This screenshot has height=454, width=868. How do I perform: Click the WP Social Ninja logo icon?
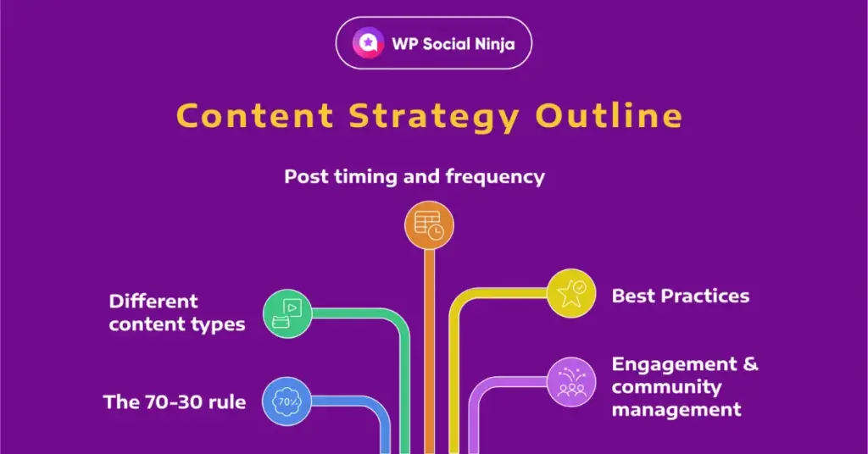coord(368,43)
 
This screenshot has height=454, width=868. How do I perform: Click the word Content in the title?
coord(255,115)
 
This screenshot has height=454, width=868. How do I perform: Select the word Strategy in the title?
coord(435,117)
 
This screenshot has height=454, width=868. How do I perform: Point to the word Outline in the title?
coord(609,115)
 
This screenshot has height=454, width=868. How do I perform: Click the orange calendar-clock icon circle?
coord(429,225)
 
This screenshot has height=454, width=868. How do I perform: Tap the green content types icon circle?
coord(287,313)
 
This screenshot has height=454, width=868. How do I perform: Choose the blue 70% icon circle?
coord(287,401)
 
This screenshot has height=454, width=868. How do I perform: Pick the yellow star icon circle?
coord(571,293)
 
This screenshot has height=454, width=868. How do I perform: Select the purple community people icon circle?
coord(571,381)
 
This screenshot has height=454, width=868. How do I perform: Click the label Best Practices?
coord(681,296)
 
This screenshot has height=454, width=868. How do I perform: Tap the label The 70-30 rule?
coord(175,402)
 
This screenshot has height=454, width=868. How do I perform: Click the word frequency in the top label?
coord(495,177)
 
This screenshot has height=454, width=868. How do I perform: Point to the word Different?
coord(153,302)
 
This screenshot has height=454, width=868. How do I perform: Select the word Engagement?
coord(674,364)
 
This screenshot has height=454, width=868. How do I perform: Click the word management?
coord(676,410)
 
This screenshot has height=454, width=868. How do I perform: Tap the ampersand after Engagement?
coord(751,364)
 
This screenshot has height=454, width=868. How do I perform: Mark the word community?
coord(666,387)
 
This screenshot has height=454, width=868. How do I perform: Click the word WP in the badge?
coord(404,44)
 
